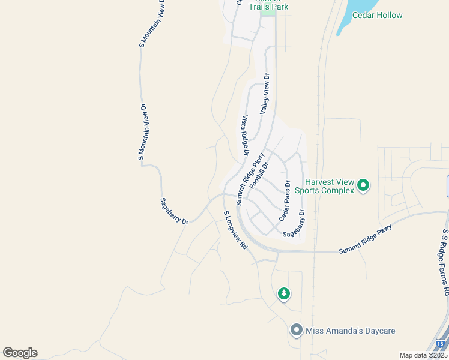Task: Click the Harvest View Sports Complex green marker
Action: [363, 185]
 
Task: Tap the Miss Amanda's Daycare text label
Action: [351, 331]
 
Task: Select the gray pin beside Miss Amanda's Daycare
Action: [295, 330]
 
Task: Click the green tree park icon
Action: [283, 293]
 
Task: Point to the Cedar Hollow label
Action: [377, 15]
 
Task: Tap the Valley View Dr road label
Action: [265, 94]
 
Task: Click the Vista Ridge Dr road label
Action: [245, 136]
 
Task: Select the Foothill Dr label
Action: [259, 176]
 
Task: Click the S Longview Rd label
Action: [235, 230]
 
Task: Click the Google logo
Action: [20, 353]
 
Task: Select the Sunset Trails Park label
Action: [269, 6]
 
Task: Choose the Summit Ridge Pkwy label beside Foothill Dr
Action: [250, 178]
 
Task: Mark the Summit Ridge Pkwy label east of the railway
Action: [365, 239]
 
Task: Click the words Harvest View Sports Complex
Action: [329, 186]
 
